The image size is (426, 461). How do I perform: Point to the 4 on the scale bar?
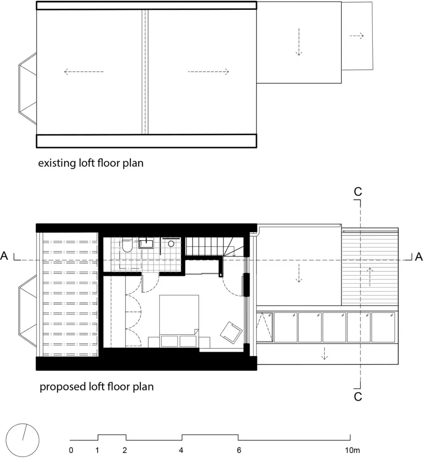pos(181,450)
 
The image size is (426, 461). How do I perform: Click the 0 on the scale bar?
pos(71,450)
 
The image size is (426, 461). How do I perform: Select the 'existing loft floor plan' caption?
pos(90,163)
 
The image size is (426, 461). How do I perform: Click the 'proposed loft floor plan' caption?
pos(97,387)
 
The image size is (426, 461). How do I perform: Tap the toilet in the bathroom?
pos(127,246)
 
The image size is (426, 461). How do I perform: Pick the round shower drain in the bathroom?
pos(171,244)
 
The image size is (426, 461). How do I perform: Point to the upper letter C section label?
pos(358,192)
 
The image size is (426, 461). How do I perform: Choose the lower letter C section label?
pos(358,397)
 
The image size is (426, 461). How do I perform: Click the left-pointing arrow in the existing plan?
pos(83,72)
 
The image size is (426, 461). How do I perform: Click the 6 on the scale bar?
pos(239,450)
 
